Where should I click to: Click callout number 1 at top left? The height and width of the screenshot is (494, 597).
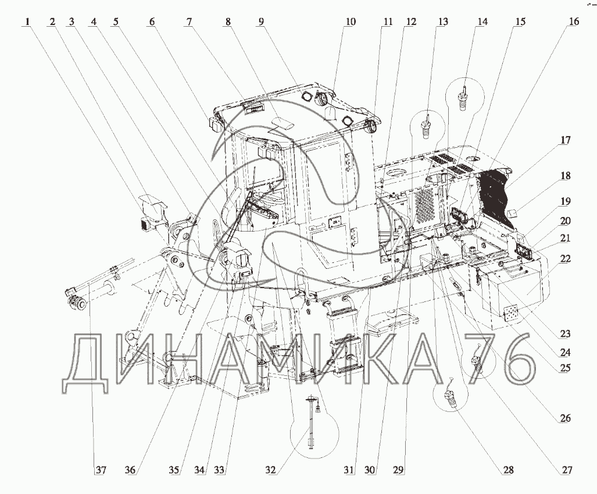(x=26, y=22)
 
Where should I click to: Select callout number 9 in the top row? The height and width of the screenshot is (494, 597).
(x=261, y=22)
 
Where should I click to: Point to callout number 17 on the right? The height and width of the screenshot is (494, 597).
(x=566, y=140)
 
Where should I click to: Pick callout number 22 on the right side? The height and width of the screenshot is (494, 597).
(x=566, y=259)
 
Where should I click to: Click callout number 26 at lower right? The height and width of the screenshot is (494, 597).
(x=565, y=418)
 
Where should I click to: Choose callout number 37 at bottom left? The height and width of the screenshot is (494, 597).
(x=101, y=470)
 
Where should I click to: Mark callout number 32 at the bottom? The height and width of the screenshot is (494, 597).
(x=270, y=470)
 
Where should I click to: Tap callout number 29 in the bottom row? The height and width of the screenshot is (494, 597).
(x=398, y=470)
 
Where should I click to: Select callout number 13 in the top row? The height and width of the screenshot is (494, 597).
(x=443, y=22)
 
